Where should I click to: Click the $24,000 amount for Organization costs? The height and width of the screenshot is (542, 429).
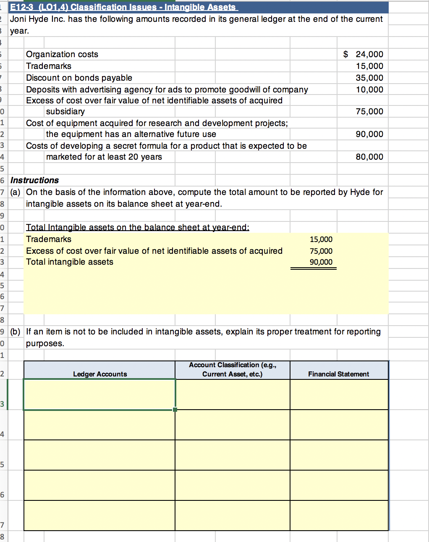pos(364,54)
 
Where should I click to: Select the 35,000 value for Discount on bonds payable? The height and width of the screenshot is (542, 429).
pos(369,78)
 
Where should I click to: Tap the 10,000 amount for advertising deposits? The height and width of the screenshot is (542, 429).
pos(369,89)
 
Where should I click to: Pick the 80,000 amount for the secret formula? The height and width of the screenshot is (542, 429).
pos(369,157)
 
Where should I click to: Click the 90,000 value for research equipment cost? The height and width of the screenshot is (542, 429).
pos(369,134)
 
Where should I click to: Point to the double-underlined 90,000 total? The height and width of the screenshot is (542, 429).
pos(321,262)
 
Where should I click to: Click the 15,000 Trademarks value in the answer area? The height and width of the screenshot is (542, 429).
pos(321,239)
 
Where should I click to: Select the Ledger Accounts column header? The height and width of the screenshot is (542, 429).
pos(100,374)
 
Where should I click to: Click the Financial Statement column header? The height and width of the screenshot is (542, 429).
pos(338,374)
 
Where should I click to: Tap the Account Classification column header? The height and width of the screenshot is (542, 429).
pos(232,369)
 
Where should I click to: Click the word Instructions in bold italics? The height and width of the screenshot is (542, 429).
pos(34,180)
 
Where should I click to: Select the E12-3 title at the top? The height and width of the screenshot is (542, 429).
pos(123,7)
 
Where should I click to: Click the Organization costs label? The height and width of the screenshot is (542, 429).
pos(62,54)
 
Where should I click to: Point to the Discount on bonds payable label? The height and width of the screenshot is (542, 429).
pos(79,78)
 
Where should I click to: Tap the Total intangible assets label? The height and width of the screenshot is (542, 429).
pos(70,262)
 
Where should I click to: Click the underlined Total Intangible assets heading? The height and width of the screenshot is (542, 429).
pos(138,227)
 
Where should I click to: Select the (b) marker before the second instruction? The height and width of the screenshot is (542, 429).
pos(15,332)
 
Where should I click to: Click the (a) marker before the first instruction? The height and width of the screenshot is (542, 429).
pos(15,192)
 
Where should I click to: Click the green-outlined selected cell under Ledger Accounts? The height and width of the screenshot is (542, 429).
pos(99,394)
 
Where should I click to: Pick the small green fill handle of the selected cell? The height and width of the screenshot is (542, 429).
pos(175,410)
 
